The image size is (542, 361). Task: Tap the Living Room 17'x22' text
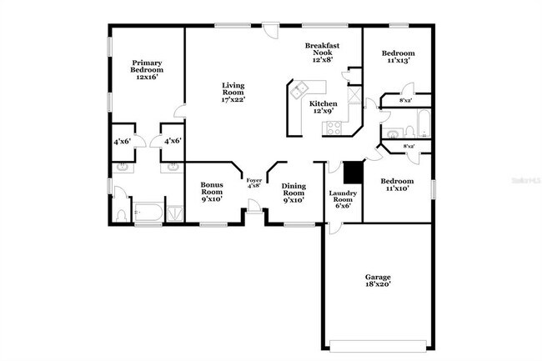[233, 92]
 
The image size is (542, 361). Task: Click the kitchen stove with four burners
[333, 128]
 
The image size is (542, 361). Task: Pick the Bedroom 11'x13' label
[398, 57]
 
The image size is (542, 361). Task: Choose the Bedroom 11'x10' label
[396, 185]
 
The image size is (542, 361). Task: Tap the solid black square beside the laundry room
[353, 171]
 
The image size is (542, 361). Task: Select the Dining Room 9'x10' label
[294, 193]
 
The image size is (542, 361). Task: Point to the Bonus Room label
[212, 193]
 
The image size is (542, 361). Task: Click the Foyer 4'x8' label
[253, 183]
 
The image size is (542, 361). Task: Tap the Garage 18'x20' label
[378, 280]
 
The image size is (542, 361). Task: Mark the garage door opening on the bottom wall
[380, 343]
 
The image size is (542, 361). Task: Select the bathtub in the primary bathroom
[148, 212]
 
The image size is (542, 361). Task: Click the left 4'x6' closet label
[122, 142]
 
